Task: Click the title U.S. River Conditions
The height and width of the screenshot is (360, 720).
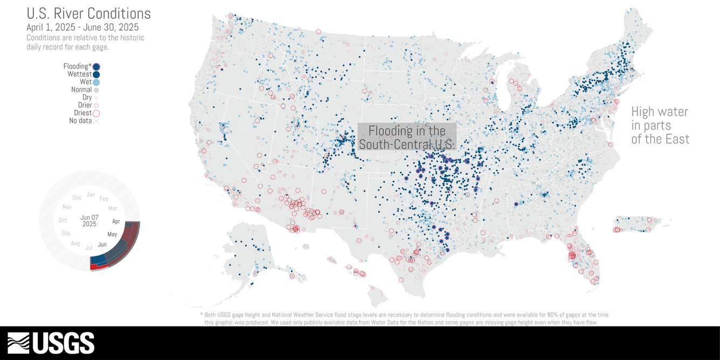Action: point(88,13)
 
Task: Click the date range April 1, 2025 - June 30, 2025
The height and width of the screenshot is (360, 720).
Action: point(82,27)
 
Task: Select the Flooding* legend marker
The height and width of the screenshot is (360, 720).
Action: point(96,66)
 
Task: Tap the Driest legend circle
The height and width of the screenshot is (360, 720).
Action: point(96,113)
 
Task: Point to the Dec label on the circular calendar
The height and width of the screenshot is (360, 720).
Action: point(77,198)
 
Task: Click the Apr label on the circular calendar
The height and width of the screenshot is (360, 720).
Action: point(116,221)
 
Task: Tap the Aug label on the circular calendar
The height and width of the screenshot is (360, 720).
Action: point(75,244)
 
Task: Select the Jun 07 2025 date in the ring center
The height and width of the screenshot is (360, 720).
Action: point(89,220)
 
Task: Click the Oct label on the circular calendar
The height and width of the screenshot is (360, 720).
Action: point(63,220)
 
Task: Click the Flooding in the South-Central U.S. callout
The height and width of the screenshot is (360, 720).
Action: point(407,137)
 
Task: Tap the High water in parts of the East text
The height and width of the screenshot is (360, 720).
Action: point(660,125)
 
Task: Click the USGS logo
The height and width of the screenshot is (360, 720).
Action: point(51,343)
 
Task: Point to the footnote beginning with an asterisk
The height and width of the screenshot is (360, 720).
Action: point(404,318)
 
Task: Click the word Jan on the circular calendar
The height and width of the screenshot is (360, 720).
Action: point(91,195)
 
